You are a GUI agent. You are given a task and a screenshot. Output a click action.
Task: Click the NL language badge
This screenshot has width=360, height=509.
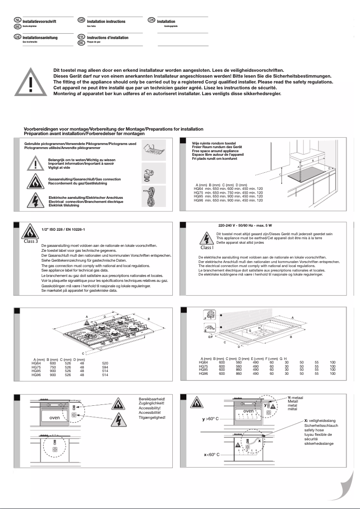tap(18, 21)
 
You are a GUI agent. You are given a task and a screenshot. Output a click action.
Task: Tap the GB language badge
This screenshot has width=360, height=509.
tap(81, 21)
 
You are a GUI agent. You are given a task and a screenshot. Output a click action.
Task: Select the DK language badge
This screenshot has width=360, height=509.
tap(151, 21)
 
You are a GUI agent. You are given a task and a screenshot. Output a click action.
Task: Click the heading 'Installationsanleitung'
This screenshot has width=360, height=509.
tap(39, 38)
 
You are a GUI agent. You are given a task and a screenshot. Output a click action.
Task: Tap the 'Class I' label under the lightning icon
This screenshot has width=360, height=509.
tap(207, 247)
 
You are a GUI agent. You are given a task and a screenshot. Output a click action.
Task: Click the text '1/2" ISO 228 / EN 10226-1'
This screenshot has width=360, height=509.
tap(62, 229)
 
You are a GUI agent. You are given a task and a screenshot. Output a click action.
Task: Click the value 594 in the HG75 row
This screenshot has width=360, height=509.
tap(105, 366)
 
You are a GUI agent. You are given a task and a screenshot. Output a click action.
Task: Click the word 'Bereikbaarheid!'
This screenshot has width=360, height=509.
tap(152, 399)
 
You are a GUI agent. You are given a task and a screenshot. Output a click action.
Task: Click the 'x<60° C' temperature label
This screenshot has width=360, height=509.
tap(210, 455)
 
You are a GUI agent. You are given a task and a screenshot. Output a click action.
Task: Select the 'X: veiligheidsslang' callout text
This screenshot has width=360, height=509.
tap(320, 420)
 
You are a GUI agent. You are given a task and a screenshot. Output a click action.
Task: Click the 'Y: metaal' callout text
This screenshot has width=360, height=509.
tap(295, 398)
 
